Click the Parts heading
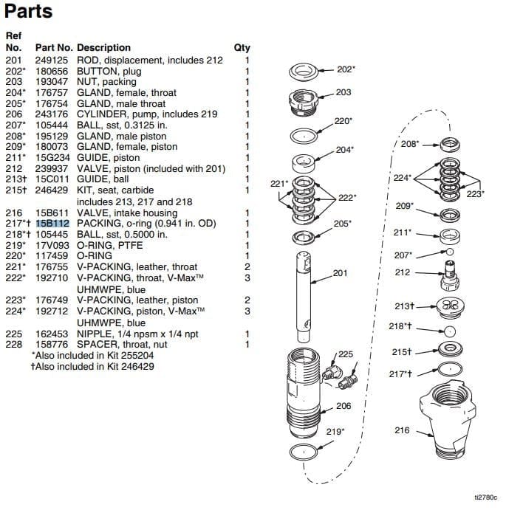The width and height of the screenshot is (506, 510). click(29, 13)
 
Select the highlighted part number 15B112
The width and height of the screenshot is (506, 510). click(52, 224)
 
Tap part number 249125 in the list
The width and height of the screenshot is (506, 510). click(52, 61)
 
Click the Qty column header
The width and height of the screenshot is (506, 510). click(242, 47)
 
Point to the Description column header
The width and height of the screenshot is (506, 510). click(103, 47)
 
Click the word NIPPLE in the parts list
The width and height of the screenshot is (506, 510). click(92, 334)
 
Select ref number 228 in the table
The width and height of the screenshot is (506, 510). click(14, 344)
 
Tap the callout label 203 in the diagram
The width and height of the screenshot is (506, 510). click(343, 92)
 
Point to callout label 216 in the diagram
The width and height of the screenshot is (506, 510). click(402, 430)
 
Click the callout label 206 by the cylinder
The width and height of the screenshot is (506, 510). click(343, 405)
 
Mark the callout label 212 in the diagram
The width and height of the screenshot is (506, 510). click(403, 272)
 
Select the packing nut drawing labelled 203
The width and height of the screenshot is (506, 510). click(302, 98)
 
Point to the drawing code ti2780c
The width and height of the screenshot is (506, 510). click(486, 499)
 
